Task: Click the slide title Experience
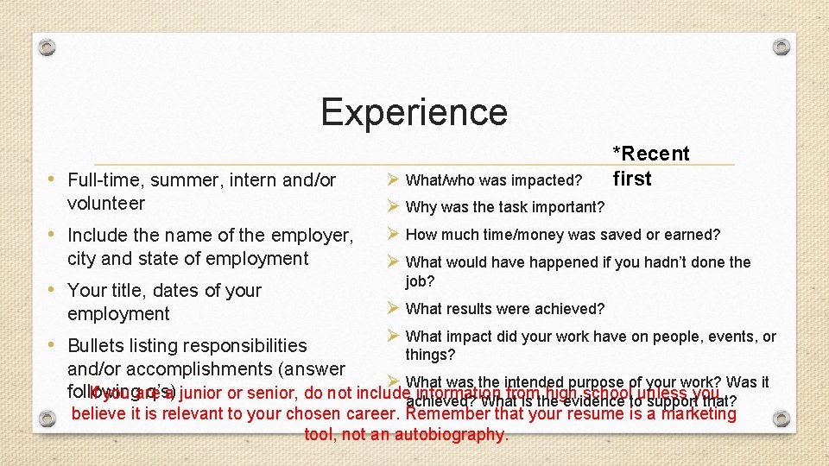pos(414,112)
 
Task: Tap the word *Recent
pos(651,154)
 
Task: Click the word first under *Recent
pos(632,179)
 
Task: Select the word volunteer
pos(106,204)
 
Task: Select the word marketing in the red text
pos(697,414)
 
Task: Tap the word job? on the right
pos(421,281)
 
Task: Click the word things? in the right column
pos(430,355)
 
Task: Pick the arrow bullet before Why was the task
pos(392,206)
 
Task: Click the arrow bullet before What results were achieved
pos(392,308)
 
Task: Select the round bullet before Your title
pos(54,289)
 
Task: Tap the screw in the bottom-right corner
pos(782,419)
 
